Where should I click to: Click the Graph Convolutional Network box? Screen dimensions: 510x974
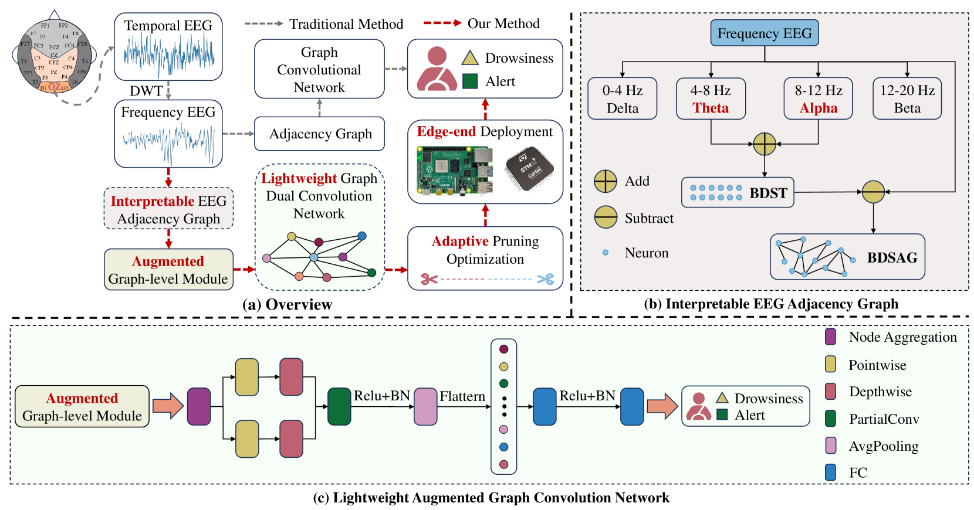(x=319, y=69)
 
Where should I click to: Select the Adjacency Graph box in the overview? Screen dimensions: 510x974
(x=320, y=134)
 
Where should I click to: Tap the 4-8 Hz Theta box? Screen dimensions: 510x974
(x=711, y=99)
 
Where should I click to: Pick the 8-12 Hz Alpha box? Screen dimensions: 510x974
(x=818, y=99)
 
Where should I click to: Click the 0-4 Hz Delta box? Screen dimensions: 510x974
(x=622, y=99)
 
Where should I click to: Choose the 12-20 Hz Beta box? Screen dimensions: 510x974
(x=907, y=99)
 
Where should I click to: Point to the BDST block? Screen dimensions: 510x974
(x=738, y=193)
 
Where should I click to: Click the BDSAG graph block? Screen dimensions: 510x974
(x=847, y=257)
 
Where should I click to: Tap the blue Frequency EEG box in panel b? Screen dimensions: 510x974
(x=764, y=33)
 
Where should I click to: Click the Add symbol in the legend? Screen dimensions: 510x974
(x=605, y=182)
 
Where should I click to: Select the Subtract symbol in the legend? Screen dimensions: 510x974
(x=605, y=217)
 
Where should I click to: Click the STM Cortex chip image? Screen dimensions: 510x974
(x=529, y=169)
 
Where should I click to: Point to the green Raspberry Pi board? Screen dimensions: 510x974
(x=454, y=171)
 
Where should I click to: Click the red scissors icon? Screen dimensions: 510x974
(x=429, y=279)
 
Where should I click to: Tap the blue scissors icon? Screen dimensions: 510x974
(x=546, y=279)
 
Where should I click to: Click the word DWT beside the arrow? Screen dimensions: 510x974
(x=146, y=91)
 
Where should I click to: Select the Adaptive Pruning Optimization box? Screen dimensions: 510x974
(x=485, y=258)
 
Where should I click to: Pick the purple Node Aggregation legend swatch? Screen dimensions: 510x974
(x=830, y=337)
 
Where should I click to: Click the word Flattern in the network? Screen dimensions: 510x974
(x=462, y=397)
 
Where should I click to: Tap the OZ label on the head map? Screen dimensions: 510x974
(x=54, y=87)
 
